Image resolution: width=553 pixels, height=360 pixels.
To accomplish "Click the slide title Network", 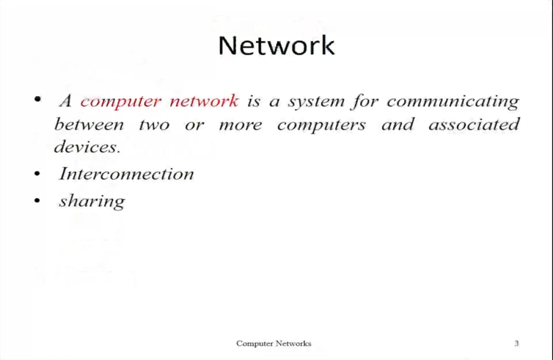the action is [x=276, y=45].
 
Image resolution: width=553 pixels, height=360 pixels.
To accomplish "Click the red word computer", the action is [x=120, y=102].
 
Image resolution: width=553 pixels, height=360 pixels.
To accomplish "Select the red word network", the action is [x=204, y=101].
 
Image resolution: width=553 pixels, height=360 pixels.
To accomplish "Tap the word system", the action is [x=316, y=102].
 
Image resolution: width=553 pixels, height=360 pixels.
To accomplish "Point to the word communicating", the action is [x=453, y=101].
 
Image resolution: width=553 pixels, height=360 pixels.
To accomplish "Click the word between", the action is [x=89, y=124].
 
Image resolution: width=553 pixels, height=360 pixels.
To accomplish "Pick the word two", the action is [x=154, y=125].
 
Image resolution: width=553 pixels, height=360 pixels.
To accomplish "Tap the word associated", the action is [x=474, y=124].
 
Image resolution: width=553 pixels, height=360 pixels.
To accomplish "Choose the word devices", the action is [x=87, y=147].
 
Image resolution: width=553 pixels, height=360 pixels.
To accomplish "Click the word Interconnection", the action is [x=126, y=174].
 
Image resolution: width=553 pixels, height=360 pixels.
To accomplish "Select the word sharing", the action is [x=92, y=202].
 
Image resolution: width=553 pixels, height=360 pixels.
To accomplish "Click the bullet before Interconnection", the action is [x=37, y=174].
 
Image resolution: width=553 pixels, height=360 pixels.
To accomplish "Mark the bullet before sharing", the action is [x=37, y=201].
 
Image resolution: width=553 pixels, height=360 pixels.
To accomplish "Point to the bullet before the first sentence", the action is [x=37, y=99].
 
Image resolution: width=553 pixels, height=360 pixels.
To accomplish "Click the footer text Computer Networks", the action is [x=274, y=343].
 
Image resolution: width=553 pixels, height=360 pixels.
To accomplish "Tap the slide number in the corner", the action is [x=516, y=343].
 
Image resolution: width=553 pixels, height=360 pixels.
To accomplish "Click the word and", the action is [x=398, y=124].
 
